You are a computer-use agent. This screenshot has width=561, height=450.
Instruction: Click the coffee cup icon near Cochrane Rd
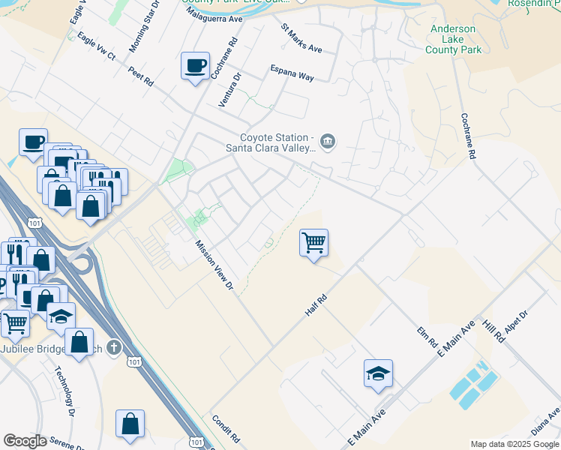pyautogui.click(x=195, y=66)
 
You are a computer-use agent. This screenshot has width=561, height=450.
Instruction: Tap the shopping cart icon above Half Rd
pyautogui.click(x=313, y=242)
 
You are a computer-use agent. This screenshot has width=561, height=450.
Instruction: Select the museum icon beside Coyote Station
pyautogui.click(x=328, y=141)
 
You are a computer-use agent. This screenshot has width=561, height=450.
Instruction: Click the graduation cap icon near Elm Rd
pyautogui.click(x=378, y=373)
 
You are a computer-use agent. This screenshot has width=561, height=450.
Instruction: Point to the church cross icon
pyautogui.click(x=112, y=347)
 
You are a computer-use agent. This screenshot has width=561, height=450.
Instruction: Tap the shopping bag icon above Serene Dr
pyautogui.click(x=130, y=423)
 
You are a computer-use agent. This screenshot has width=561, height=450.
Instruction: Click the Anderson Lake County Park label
pyautogui.click(x=453, y=39)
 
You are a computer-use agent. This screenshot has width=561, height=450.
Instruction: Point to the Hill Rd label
pyautogui.click(x=493, y=330)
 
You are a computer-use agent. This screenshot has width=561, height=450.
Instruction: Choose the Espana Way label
pyautogui.click(x=292, y=72)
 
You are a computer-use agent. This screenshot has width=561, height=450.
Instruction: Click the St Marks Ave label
pyautogui.click(x=301, y=38)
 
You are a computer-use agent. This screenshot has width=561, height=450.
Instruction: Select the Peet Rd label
pyautogui.click(x=140, y=76)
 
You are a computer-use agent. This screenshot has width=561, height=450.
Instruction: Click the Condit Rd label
pyautogui.click(x=225, y=428)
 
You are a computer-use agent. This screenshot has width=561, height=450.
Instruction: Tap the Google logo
pyautogui.click(x=25, y=441)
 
